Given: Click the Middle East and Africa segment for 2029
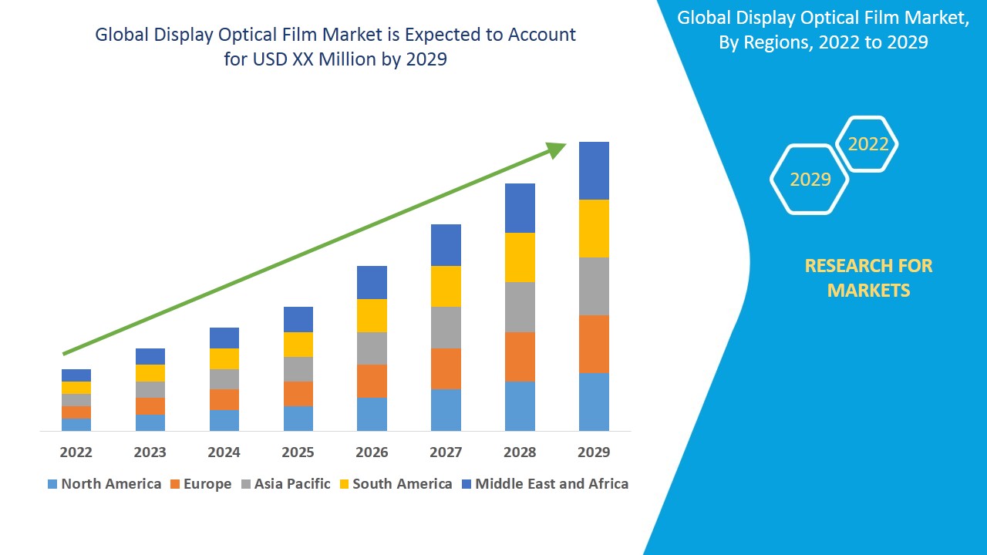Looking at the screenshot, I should coord(594,170).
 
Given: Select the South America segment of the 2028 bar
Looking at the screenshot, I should coord(520,257).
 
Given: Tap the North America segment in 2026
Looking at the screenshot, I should coord(372,414).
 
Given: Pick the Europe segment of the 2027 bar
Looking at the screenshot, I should coord(446,368).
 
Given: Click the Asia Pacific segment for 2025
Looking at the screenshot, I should coord(298,369).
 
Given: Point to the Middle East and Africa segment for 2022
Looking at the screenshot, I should coord(76,375).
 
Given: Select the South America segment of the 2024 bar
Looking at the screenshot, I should coord(224,358).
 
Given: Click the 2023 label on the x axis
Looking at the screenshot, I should coord(150,452).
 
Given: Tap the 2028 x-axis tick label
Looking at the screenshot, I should coord(520,452).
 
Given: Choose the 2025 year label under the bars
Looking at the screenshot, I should coord(298,452).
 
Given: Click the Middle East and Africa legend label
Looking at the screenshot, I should coord(551,484).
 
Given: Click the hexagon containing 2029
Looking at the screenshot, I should coord(810,180).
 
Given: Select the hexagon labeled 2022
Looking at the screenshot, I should coord(868,144).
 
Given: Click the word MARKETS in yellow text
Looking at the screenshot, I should coord(868,291).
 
